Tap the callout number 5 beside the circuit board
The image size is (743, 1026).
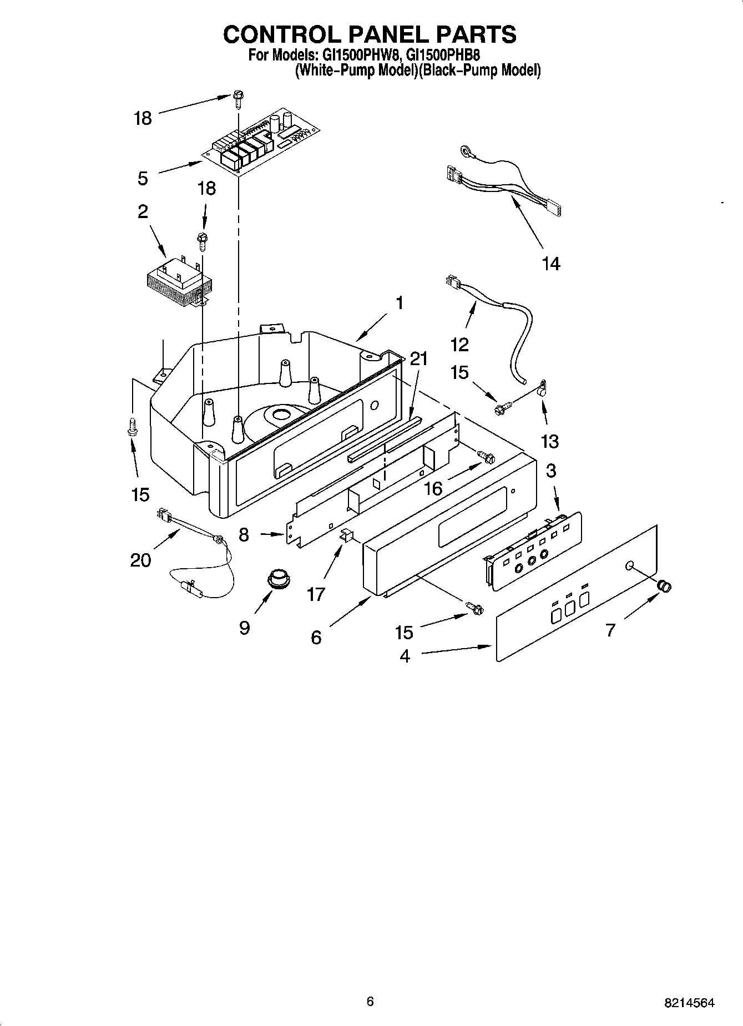(143, 178)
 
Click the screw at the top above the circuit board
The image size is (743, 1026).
(238, 100)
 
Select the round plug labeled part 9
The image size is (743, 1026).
(276, 579)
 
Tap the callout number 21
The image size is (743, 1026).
(419, 358)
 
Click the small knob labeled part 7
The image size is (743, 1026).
(664, 585)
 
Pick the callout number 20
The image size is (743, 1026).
(140, 560)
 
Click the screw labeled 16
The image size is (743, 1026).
(488, 457)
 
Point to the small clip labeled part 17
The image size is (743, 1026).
(346, 535)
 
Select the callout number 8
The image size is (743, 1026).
(244, 534)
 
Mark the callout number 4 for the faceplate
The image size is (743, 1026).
(405, 656)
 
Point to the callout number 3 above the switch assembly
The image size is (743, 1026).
(550, 470)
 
